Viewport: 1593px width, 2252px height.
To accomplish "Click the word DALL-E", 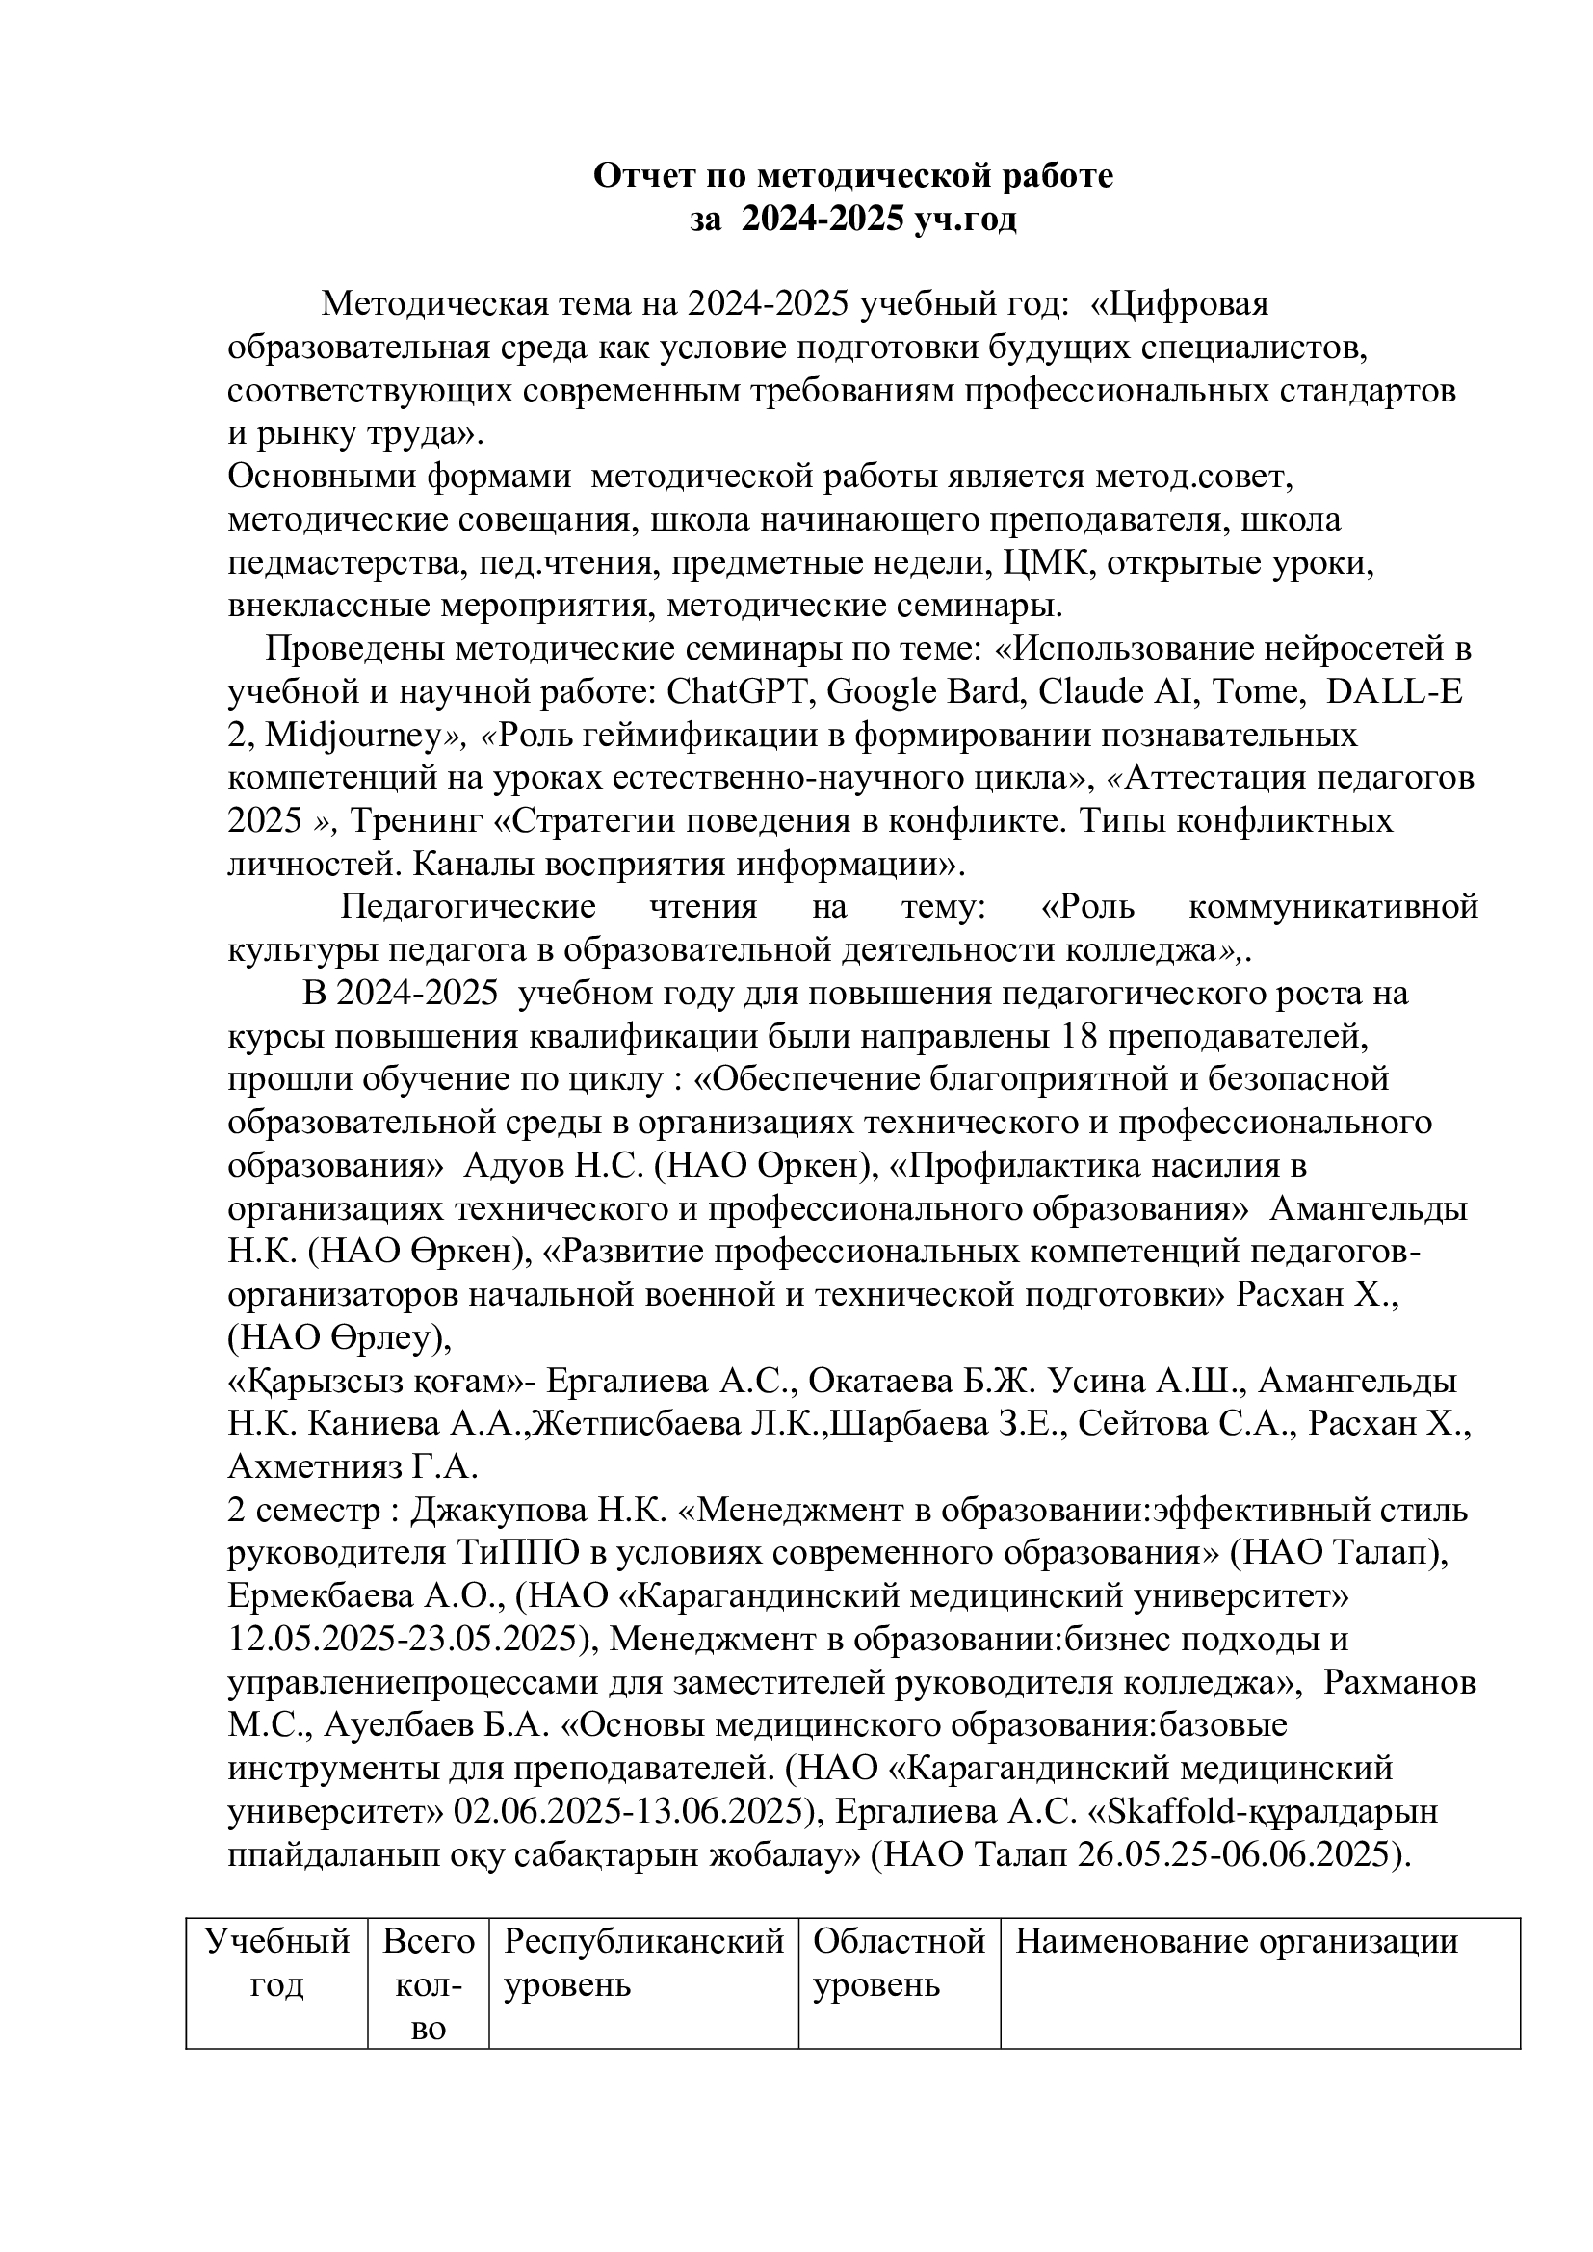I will click(1394, 692).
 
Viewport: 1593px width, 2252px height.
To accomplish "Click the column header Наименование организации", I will click(1236, 1943).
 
